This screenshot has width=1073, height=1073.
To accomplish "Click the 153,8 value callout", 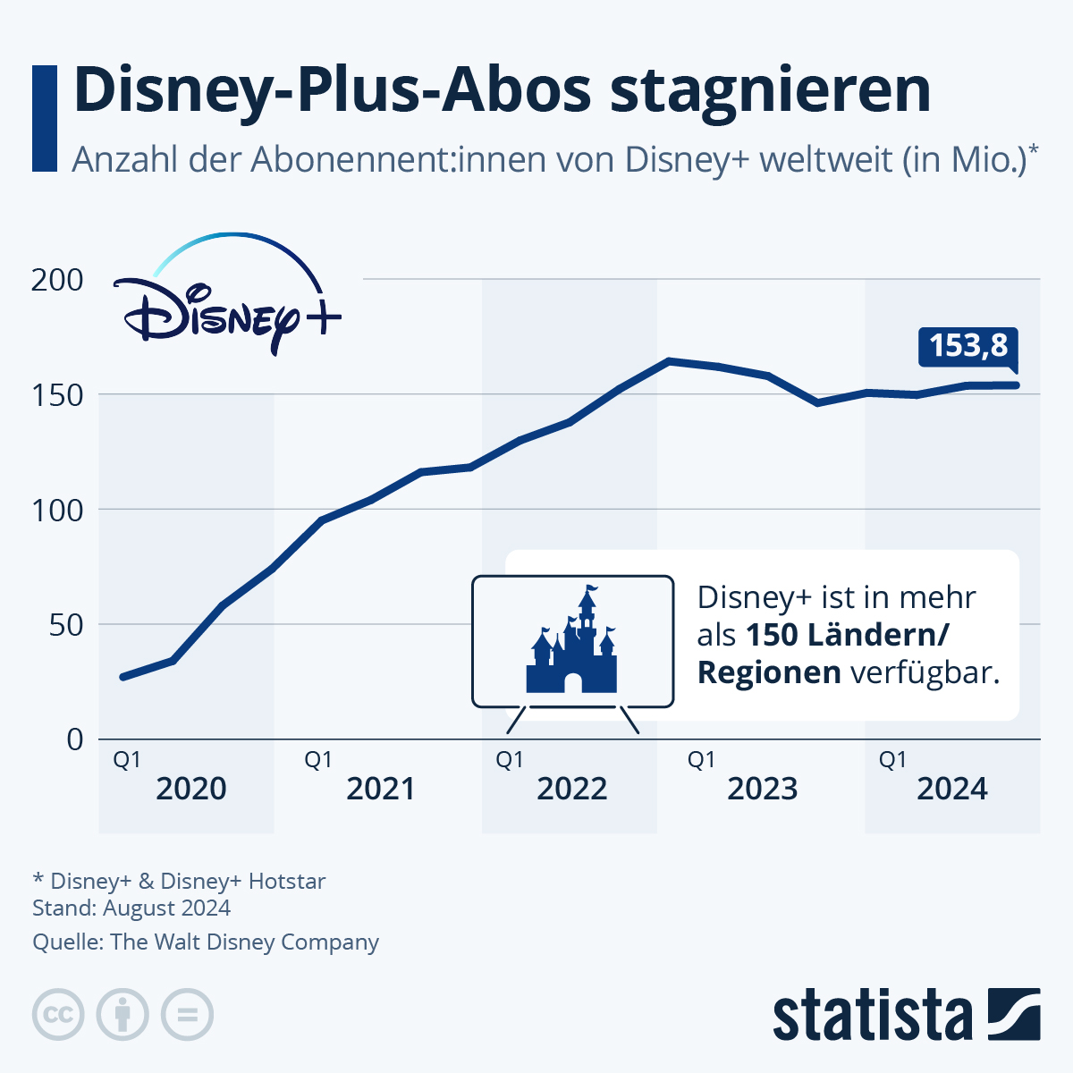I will [968, 346].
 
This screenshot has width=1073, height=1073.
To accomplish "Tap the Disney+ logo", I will [228, 300].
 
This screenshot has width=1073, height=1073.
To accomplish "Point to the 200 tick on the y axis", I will [57, 280].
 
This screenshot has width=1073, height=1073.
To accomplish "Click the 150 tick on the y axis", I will [57, 394].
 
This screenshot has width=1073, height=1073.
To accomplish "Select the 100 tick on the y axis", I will [57, 510].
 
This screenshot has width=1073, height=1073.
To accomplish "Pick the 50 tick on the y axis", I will [66, 624].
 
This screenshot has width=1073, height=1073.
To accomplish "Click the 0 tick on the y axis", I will [75, 739].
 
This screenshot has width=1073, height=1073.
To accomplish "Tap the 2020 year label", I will [191, 789].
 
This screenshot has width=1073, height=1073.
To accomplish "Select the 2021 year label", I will [381, 789].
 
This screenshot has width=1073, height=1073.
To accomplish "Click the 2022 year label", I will [572, 789].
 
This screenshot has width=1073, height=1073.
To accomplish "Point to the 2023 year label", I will [763, 789].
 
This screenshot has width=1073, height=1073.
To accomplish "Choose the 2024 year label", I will [952, 789].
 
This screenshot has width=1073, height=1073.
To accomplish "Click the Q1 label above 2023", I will [701, 760].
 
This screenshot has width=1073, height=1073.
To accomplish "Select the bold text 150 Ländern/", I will [847, 635].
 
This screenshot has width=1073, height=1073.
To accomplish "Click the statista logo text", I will [873, 1015].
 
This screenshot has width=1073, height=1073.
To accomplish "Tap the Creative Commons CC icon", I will [58, 1015].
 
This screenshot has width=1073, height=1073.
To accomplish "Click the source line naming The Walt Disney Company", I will [206, 942].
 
